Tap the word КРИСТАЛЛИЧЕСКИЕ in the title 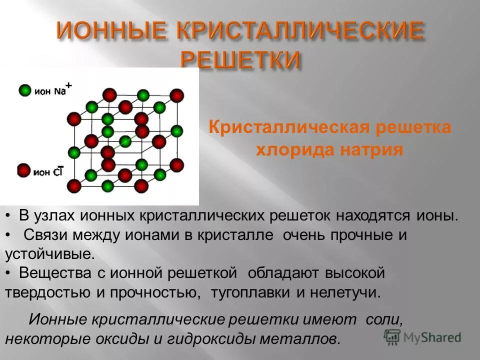pos(297,31)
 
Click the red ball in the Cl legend pos(23,171)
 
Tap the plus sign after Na pos(69,86)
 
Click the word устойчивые pos(49,254)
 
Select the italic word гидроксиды pos(212,338)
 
